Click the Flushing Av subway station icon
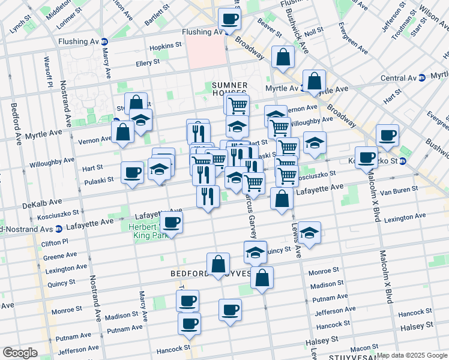(x=104, y=41)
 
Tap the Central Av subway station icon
(x=421, y=77)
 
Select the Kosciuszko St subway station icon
(x=403, y=161)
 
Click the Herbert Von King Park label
(x=144, y=231)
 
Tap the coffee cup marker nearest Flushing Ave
(x=229, y=19)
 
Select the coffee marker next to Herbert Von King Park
(x=172, y=223)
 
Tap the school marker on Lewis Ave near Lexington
(x=309, y=232)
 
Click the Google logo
(x=20, y=353)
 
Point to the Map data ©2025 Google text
(x=412, y=355)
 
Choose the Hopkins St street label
(x=166, y=46)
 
